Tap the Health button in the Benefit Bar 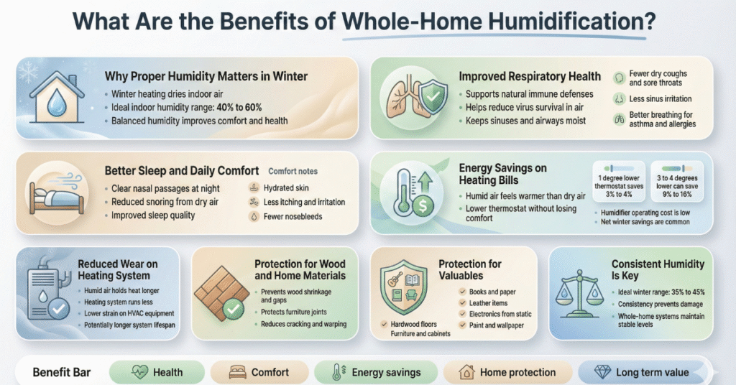click(156, 372)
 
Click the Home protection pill click(509, 372)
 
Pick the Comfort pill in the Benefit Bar click(261, 372)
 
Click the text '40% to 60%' click(236, 107)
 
